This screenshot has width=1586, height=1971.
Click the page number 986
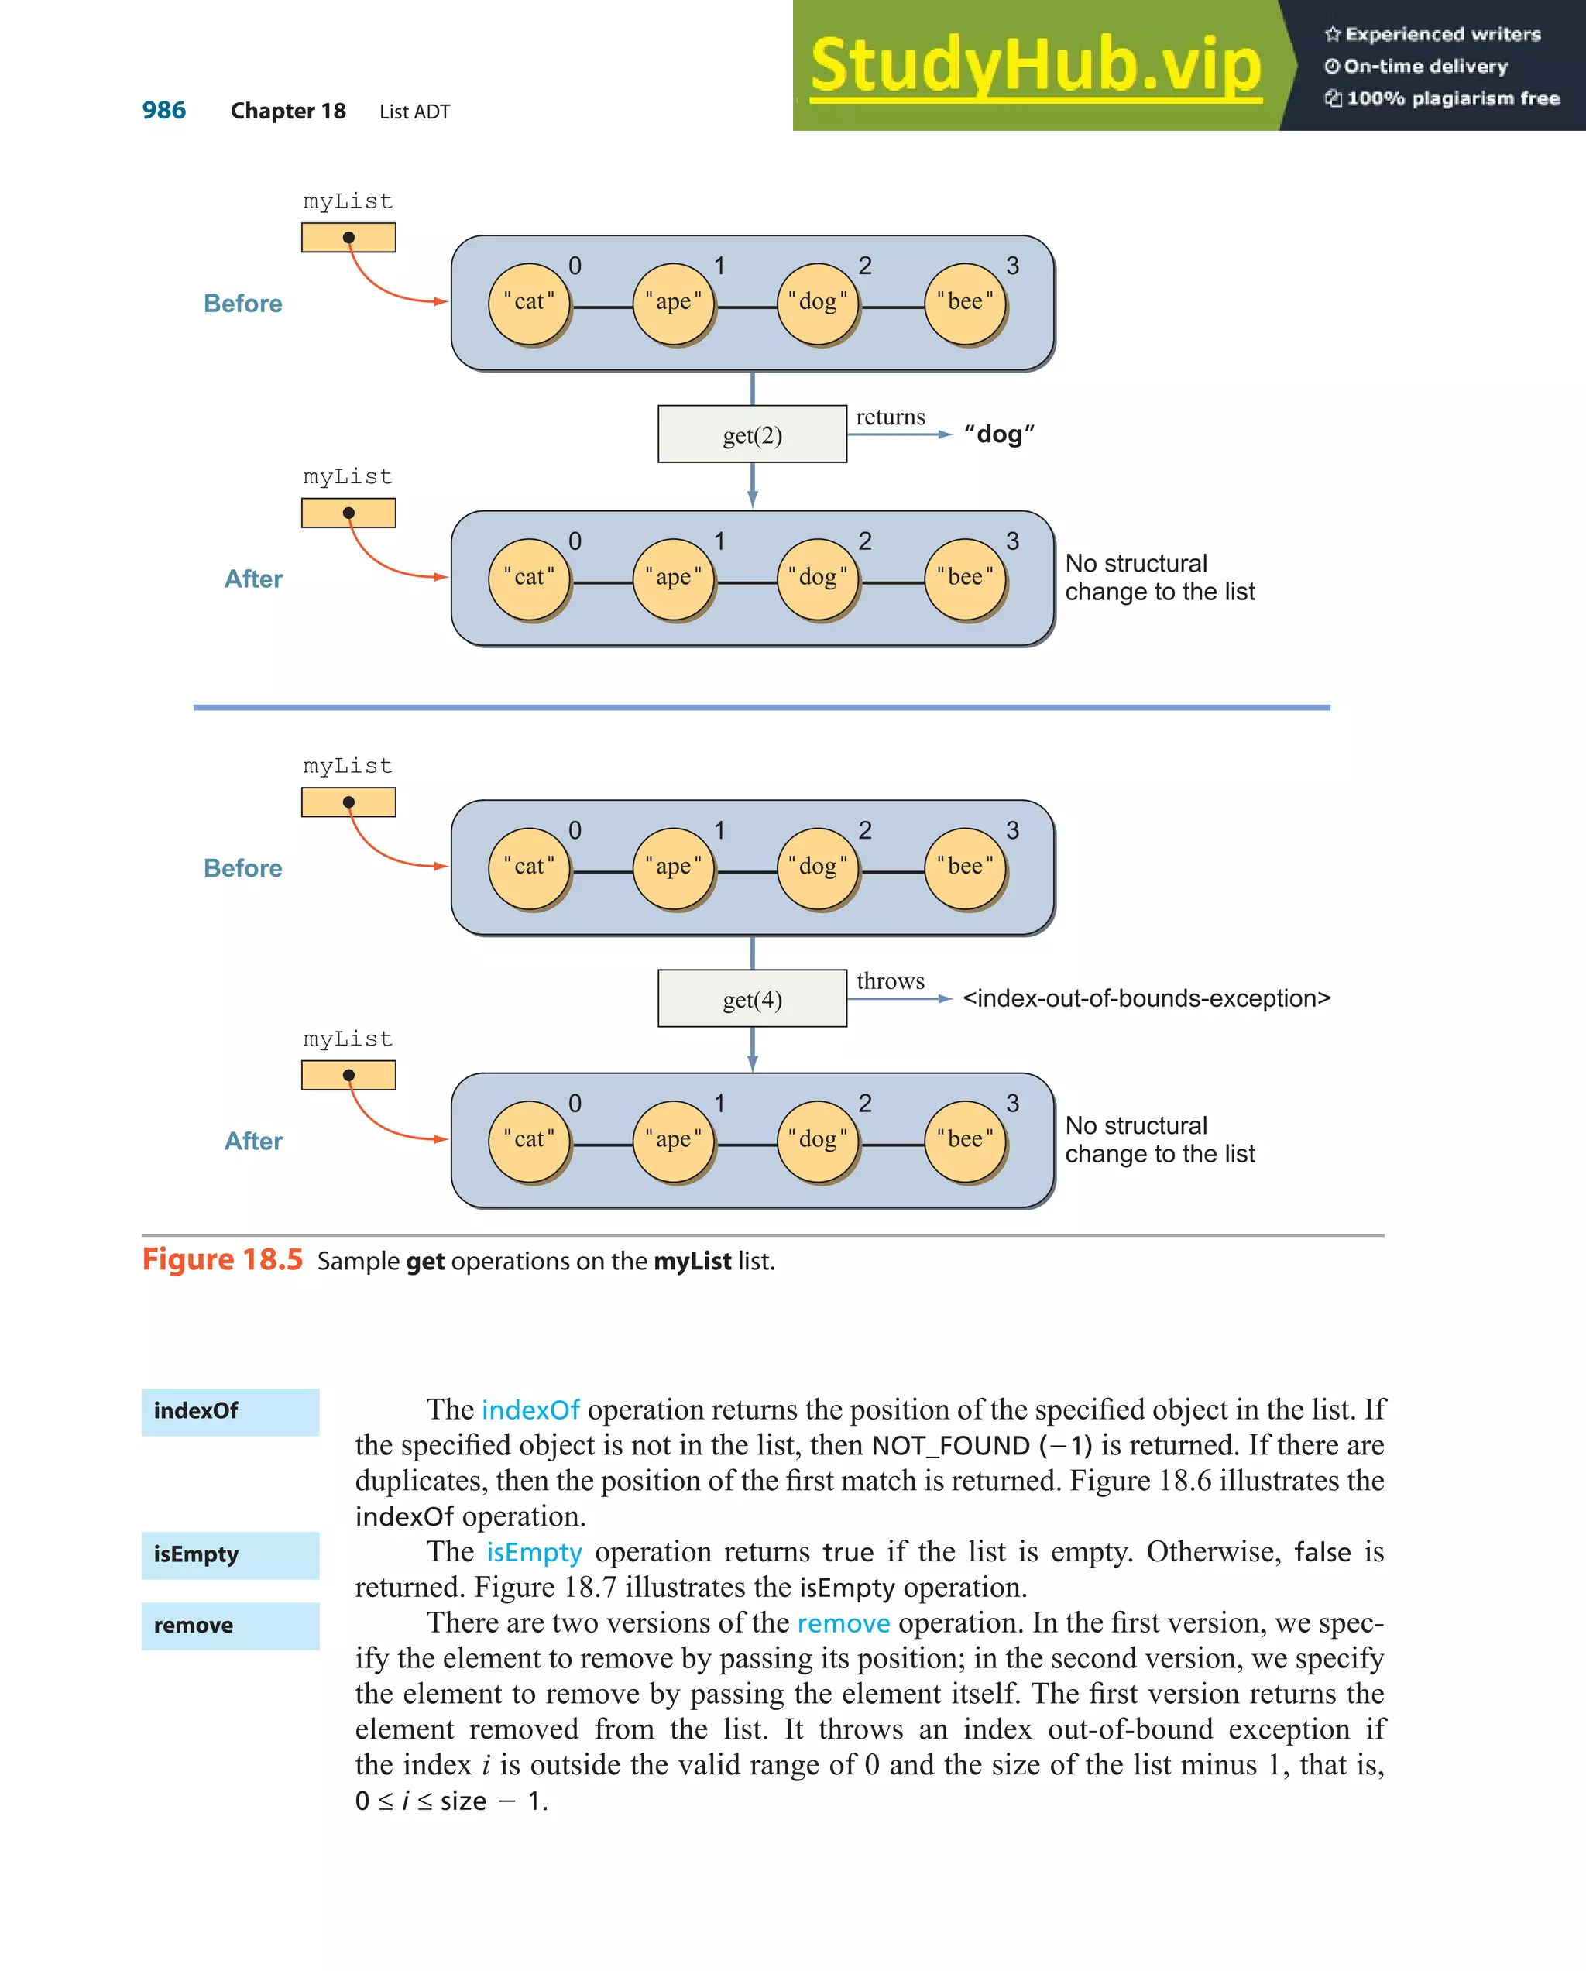tap(163, 111)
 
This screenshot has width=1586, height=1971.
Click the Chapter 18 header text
tap(288, 112)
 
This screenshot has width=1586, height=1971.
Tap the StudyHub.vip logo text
tap(1035, 66)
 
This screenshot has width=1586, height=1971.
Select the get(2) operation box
tap(751, 434)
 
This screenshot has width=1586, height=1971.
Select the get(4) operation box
tap(751, 998)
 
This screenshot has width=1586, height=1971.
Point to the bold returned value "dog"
tap(999, 434)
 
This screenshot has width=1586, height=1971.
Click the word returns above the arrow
tap(890, 417)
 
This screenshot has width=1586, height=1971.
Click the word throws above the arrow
tap(890, 981)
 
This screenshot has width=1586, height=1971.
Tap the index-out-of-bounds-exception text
tap(1146, 998)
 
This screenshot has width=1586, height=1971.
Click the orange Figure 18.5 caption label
tap(222, 1260)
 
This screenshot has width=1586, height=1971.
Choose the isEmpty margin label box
tap(230, 1555)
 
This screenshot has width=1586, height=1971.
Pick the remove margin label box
tap(230, 1626)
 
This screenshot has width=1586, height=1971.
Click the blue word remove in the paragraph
tap(843, 1623)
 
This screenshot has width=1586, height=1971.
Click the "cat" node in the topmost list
tap(529, 303)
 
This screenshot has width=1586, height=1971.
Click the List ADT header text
tap(414, 112)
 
